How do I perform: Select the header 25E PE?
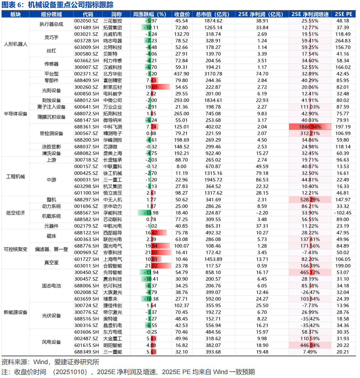pos(344,15)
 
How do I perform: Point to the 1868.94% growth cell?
pos(310,127)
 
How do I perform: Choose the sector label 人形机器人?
pos(15,44)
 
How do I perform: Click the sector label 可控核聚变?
pos(15,249)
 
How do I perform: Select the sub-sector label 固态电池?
pos(52,286)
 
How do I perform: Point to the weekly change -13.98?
pos(150,213)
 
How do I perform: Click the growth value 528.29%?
pos(310,199)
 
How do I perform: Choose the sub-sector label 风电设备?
pos(52,342)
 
